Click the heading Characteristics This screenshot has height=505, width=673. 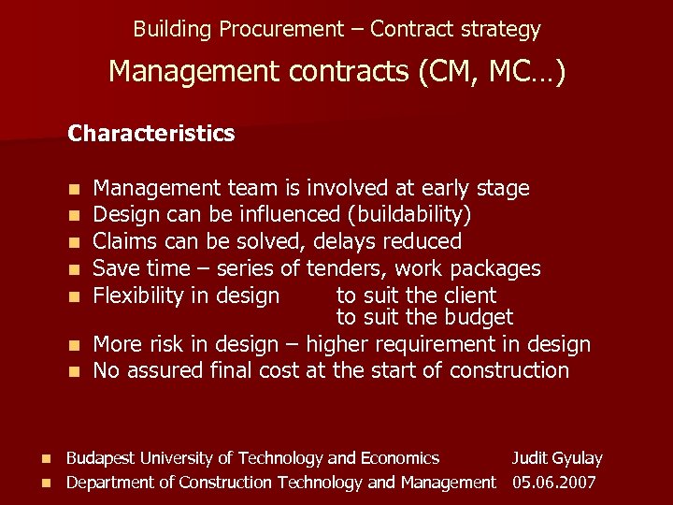click(x=150, y=134)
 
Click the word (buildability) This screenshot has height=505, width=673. click(x=408, y=215)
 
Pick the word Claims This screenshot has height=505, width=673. click(x=125, y=241)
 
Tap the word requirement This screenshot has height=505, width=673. click(x=433, y=344)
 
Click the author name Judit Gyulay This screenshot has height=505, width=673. click(x=556, y=458)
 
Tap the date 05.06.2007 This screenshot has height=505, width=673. click(x=553, y=483)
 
